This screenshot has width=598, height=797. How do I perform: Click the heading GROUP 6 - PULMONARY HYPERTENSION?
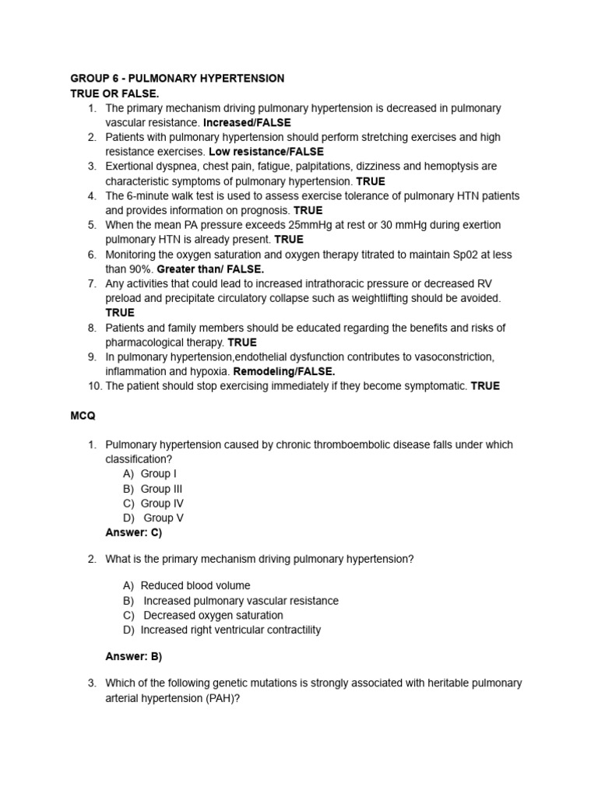tap(178, 79)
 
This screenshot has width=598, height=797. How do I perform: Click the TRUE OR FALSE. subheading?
tap(114, 93)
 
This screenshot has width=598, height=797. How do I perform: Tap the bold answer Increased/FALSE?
tap(246, 123)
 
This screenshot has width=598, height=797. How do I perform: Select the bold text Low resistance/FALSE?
tap(266, 152)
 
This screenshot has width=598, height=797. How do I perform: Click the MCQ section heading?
tap(83, 416)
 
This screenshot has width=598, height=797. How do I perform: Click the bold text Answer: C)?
tap(133, 532)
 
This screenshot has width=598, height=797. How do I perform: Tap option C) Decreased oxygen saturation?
tap(204, 615)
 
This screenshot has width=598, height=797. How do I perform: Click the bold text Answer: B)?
tap(133, 656)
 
